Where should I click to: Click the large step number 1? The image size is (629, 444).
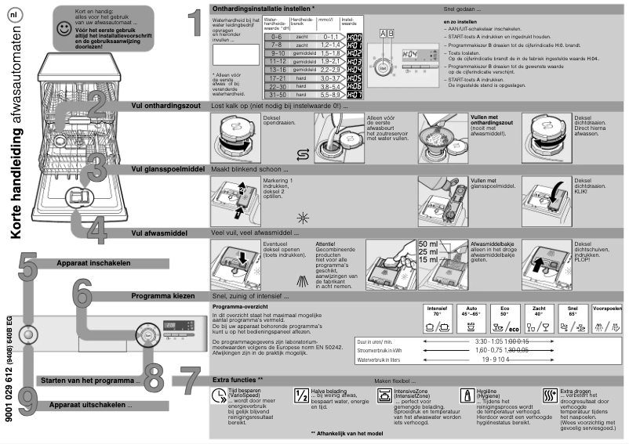coord(187,23)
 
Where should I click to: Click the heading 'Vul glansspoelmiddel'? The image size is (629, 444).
coord(168,168)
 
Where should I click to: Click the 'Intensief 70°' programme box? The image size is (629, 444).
coord(438,316)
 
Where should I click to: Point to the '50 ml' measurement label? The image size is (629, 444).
coord(429,244)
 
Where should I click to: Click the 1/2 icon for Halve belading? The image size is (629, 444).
coord(299,395)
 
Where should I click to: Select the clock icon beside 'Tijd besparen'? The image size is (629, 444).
coord(219,395)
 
